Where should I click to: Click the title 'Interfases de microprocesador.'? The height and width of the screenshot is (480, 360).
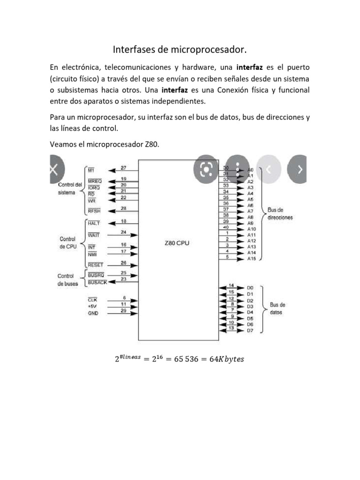point(180,49)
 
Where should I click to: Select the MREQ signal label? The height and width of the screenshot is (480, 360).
point(95,180)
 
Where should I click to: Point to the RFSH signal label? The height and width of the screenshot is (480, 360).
point(94,210)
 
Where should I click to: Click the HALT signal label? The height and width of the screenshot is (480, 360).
point(94,223)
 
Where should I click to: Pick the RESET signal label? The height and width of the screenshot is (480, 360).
point(95,265)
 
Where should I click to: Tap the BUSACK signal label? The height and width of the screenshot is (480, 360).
point(97,283)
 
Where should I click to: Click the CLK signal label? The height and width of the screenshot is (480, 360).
point(92,299)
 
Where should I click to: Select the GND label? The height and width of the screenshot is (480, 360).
point(93,313)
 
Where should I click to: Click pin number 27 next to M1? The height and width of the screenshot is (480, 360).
point(123,168)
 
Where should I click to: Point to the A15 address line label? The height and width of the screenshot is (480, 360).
point(252,258)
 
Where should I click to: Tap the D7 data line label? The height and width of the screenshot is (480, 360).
point(250,330)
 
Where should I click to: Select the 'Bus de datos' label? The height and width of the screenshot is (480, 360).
point(276,308)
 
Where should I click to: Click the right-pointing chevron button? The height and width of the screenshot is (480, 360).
point(300,169)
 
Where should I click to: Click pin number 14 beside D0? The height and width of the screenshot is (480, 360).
point(232,285)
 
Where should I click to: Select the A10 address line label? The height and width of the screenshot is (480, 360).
point(252,229)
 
